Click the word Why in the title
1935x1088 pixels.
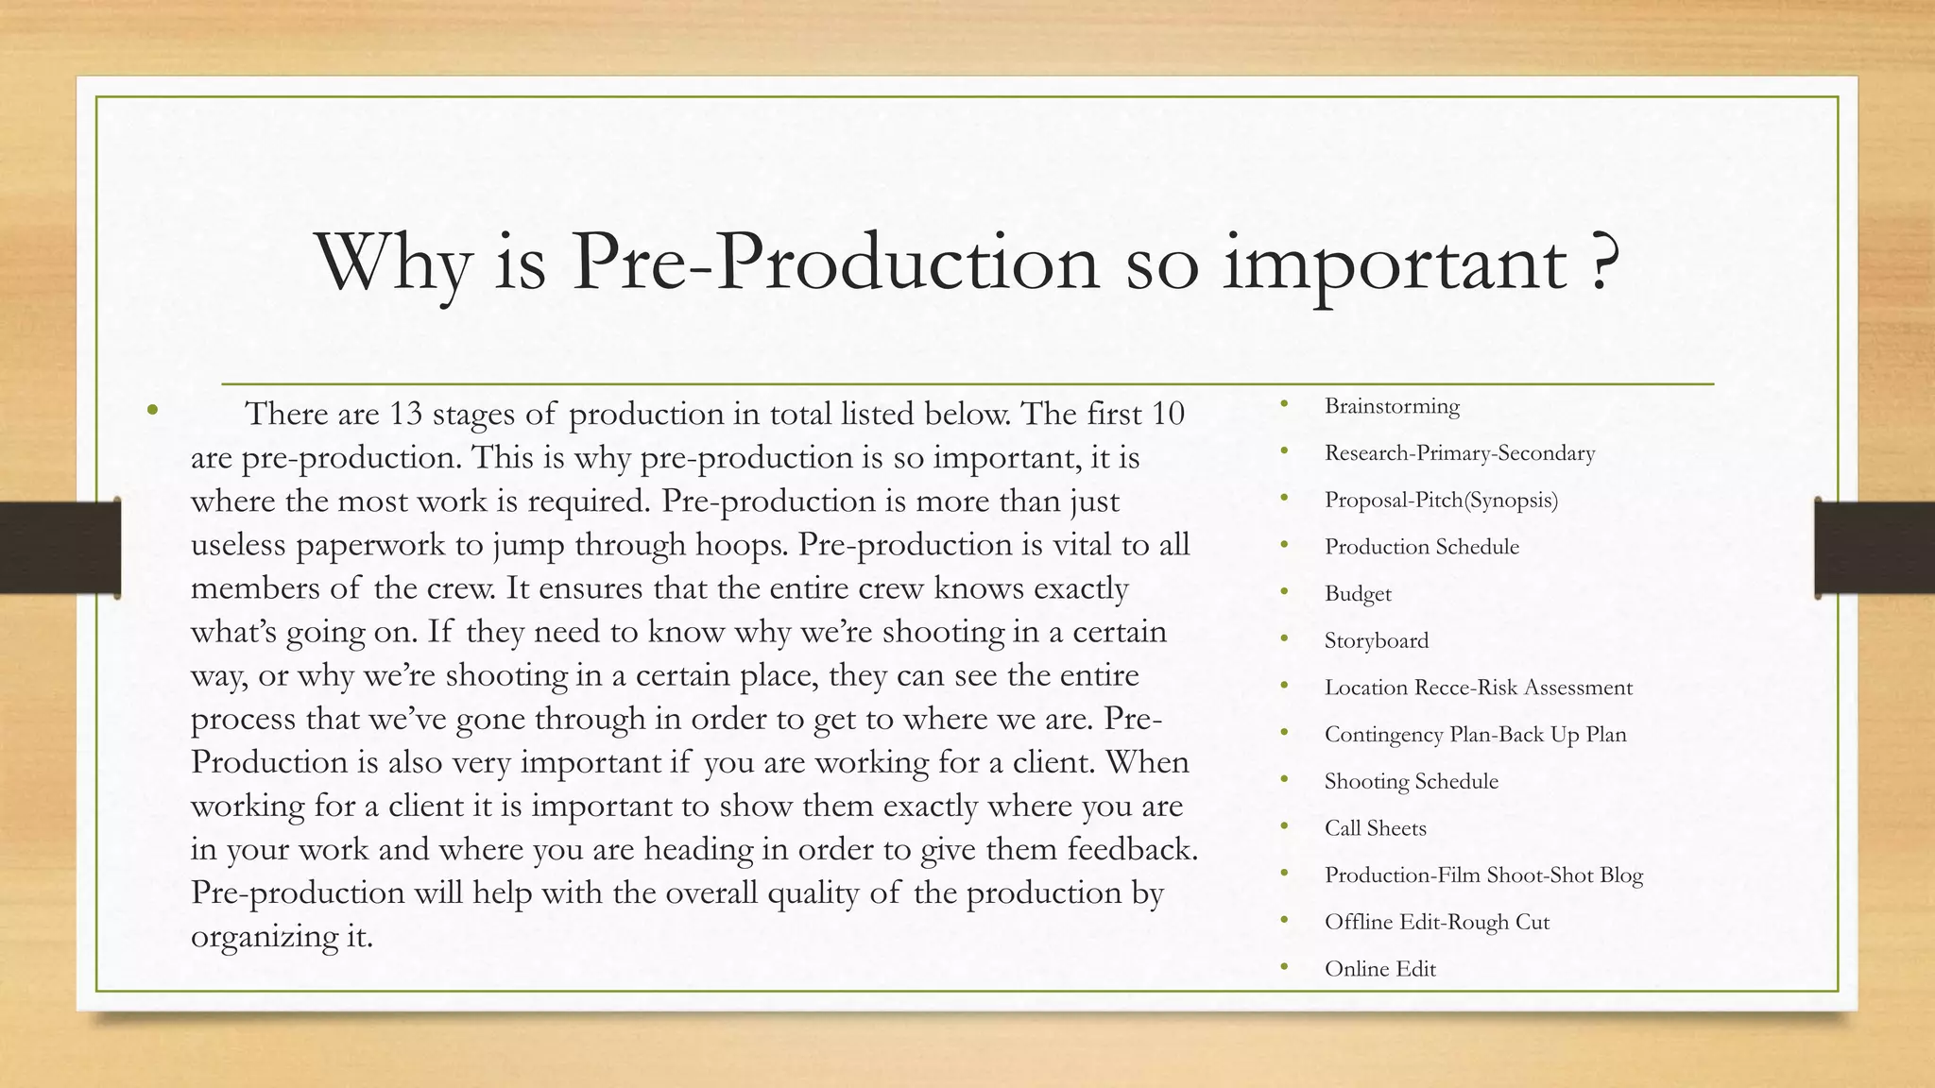point(392,263)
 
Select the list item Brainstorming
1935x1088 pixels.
point(1392,406)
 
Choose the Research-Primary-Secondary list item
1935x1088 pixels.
point(1460,453)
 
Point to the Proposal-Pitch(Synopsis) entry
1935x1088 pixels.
point(1441,500)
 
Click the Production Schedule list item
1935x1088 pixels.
point(1422,547)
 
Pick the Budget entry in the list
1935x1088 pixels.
point(1358,594)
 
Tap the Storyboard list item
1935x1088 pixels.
point(1377,640)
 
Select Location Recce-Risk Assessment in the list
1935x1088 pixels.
point(1479,688)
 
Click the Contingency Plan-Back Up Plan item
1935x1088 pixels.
point(1476,735)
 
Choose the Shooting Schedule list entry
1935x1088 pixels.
point(1412,781)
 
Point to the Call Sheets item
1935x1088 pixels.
point(1376,828)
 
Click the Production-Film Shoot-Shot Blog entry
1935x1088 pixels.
point(1484,875)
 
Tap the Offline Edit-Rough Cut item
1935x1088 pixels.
point(1437,922)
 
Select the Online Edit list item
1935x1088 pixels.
point(1380,969)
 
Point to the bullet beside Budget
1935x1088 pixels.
point(1285,593)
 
